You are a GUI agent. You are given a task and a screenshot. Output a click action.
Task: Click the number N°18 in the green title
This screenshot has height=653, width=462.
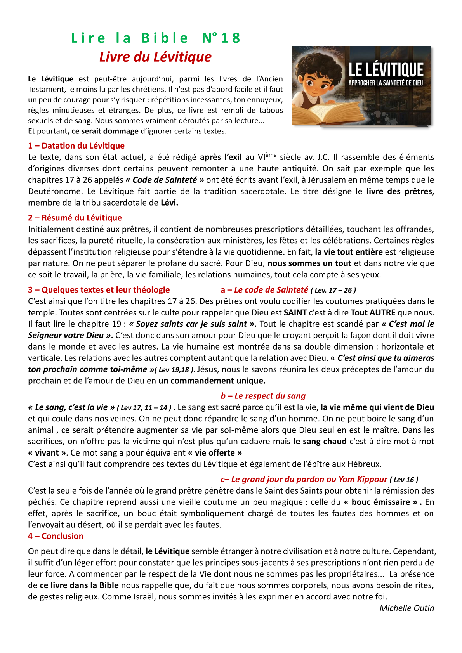221,38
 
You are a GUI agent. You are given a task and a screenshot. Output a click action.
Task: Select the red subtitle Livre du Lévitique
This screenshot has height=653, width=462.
155,57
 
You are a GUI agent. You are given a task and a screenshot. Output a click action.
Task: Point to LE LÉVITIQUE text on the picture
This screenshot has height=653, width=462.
386,70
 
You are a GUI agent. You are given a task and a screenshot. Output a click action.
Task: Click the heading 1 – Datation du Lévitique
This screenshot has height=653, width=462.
76,146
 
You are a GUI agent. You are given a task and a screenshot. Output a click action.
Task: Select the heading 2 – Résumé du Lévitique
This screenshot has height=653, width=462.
75,218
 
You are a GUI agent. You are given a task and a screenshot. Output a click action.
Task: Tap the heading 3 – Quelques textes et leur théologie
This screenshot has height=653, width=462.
99,290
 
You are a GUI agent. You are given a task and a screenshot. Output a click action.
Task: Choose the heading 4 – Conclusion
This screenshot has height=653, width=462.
56,536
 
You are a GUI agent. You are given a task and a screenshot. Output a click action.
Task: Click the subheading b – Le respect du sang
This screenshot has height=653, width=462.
263,396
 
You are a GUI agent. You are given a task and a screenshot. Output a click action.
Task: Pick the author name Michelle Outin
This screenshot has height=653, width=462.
406,608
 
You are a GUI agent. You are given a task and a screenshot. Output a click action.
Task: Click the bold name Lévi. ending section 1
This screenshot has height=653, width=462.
169,203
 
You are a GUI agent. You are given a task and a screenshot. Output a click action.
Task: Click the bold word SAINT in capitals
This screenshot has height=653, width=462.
295,313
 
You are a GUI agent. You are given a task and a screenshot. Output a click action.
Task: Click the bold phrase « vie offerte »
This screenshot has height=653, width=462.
215,453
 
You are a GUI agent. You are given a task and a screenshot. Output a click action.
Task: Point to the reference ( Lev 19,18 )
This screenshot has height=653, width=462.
174,370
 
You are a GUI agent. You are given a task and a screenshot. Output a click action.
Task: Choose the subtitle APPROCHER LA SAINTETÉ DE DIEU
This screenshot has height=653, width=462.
385,83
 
